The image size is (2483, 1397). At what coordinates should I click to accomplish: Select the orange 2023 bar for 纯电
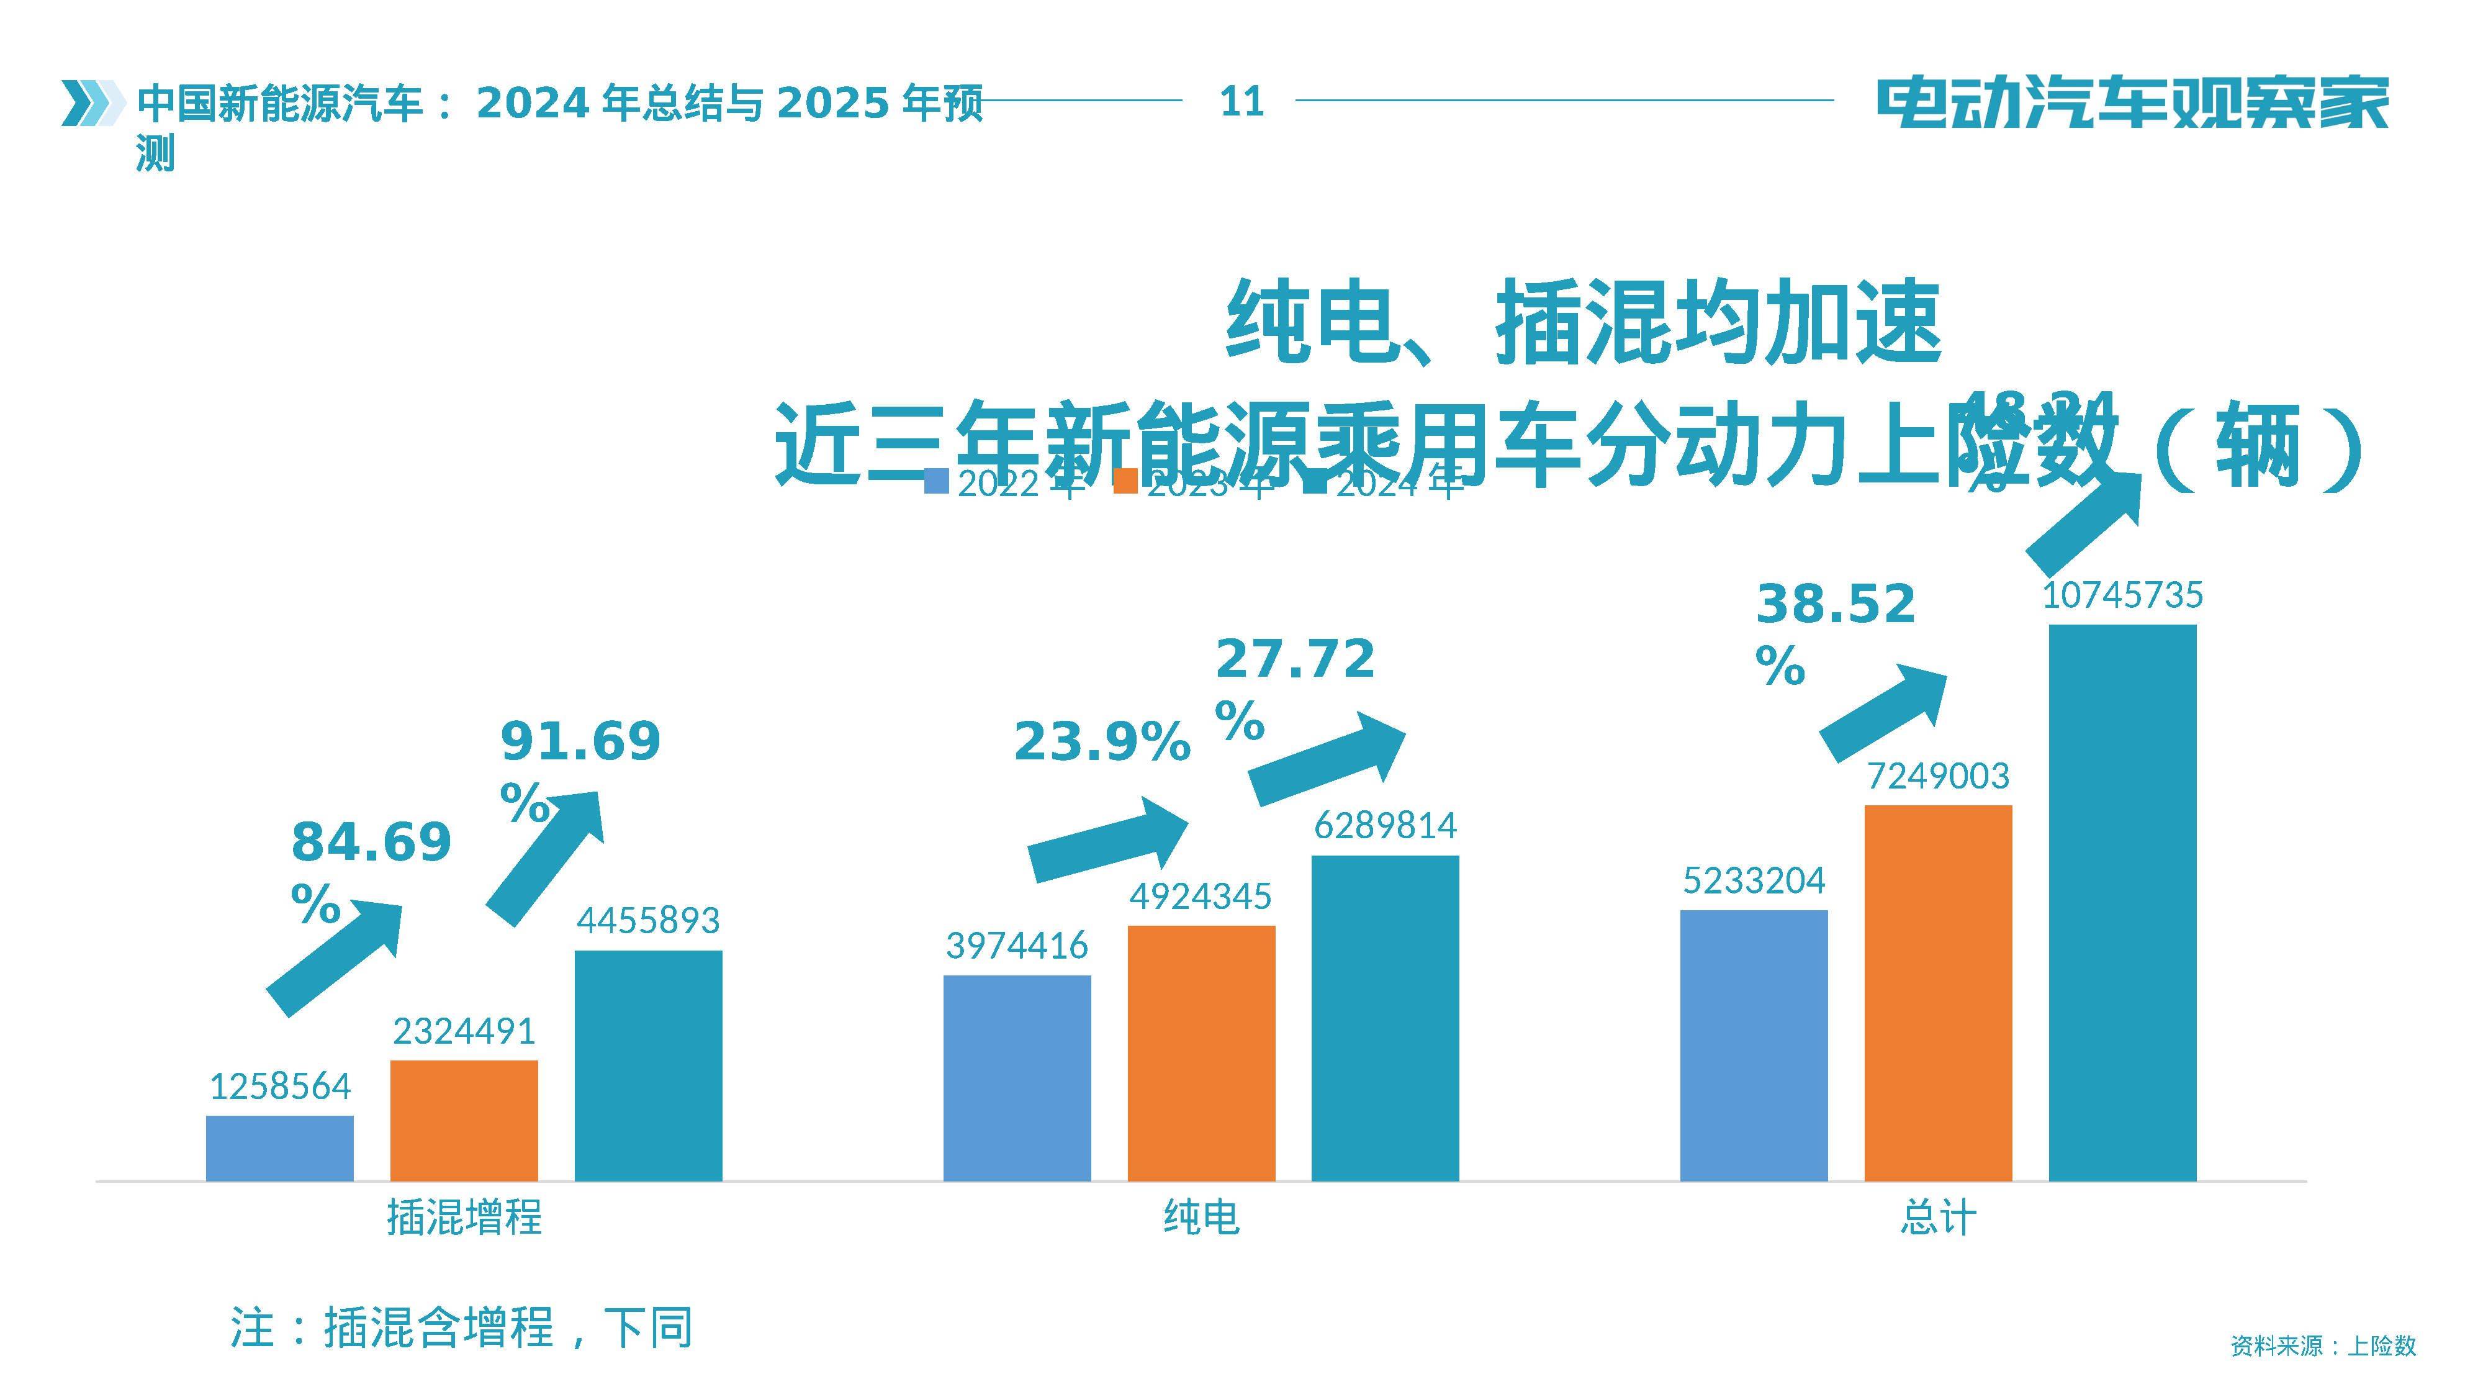(x=1201, y=1053)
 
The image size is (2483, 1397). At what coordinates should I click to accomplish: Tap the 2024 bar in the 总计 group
(x=2122, y=902)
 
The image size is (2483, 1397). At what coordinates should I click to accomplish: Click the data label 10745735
(x=2122, y=595)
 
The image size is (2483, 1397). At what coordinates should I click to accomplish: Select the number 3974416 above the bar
(x=1017, y=946)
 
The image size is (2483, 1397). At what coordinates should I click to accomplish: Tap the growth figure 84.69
(x=371, y=842)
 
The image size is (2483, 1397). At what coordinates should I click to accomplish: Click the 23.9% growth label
(x=1102, y=743)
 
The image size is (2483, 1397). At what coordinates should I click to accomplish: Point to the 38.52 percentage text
(x=1834, y=605)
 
